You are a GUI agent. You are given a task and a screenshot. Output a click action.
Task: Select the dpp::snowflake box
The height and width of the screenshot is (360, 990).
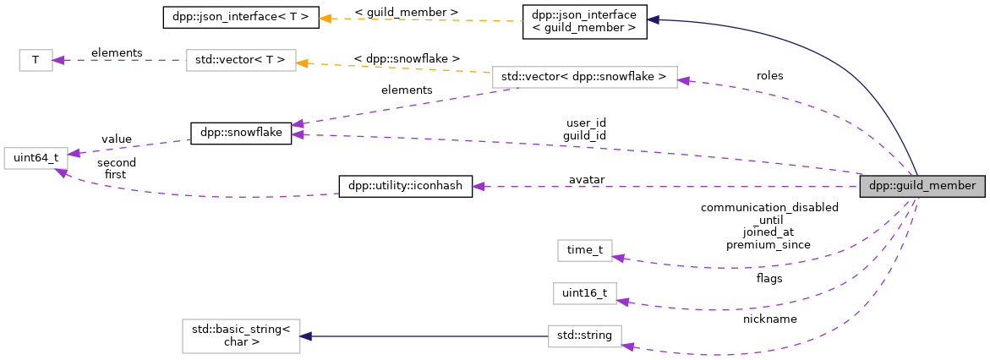[241, 134]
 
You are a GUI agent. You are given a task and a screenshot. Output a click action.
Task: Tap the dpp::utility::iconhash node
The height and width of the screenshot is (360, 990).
[405, 187]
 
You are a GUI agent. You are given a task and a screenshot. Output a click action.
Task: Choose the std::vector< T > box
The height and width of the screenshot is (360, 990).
[241, 60]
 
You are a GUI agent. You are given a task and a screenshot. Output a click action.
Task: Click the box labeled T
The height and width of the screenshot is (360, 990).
[36, 60]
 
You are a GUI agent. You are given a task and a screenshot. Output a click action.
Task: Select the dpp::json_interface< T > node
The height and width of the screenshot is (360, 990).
[241, 17]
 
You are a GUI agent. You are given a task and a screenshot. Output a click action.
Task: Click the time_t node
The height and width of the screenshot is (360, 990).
[584, 250]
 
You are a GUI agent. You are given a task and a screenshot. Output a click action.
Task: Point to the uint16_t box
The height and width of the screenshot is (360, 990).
[584, 293]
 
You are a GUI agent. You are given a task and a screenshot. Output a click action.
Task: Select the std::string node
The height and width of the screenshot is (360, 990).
[584, 336]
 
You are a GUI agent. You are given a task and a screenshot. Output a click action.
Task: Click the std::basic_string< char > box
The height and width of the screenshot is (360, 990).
[241, 336]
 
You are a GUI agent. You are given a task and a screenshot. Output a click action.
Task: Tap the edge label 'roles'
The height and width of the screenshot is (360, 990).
[769, 75]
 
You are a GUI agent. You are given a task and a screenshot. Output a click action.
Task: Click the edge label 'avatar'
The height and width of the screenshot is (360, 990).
[586, 179]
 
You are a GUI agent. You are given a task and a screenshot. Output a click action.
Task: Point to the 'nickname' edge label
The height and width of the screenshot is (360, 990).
[769, 319]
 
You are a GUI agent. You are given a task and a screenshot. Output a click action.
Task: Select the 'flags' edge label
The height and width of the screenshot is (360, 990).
[769, 277]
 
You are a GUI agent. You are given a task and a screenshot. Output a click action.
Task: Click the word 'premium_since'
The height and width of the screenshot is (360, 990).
[768, 244]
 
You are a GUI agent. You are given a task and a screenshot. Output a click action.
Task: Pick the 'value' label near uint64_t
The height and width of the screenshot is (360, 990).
[116, 139]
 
